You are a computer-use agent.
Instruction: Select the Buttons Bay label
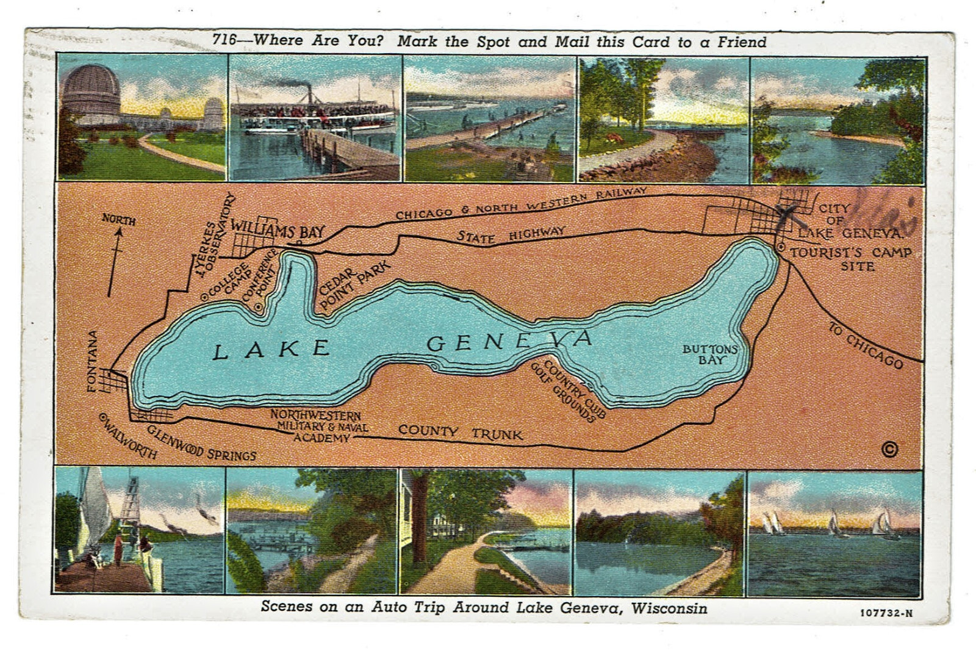coord(709,354)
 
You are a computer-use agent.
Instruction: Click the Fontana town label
coord(92,361)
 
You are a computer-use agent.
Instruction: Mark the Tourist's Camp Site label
coord(851,259)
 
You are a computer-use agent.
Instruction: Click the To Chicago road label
coord(865,345)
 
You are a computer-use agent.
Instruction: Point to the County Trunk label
coord(460,433)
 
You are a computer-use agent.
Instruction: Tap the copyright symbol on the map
coord(889,450)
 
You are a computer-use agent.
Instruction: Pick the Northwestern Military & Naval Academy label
coord(318,426)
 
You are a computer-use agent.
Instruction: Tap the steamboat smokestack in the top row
coord(309,95)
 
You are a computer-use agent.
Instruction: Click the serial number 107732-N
coord(886,613)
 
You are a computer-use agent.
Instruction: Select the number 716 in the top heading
coord(224,40)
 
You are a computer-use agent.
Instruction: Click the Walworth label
coord(128,436)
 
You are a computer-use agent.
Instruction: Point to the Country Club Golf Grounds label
coord(568,391)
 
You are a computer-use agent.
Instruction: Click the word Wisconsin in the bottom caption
coord(669,608)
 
